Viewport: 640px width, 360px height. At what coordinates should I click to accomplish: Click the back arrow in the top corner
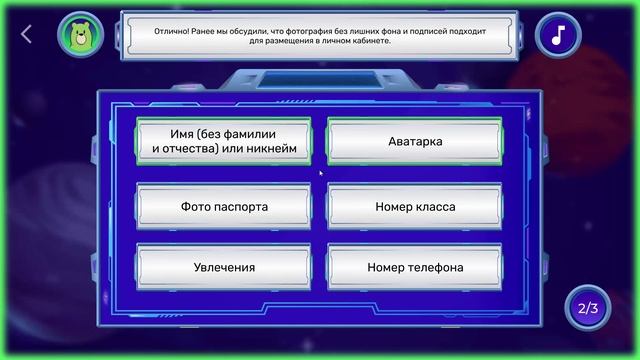pos(26,34)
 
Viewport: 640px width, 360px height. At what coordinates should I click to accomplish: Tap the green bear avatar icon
pos(77,35)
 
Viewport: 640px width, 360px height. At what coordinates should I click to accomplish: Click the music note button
pos(558,35)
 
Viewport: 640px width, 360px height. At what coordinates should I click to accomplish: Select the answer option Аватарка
pos(415,141)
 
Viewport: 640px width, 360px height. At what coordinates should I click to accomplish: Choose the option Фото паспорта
pos(224,207)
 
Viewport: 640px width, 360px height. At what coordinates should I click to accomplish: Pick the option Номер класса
pos(415,207)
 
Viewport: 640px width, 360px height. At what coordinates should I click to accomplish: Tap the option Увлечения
pos(224,267)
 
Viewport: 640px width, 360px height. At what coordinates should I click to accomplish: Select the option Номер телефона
pos(415,267)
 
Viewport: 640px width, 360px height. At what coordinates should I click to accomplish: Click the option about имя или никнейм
pos(224,141)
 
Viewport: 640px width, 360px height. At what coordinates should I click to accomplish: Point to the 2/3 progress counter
pos(586,307)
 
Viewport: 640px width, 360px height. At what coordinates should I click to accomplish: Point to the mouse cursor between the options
pos(320,172)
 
